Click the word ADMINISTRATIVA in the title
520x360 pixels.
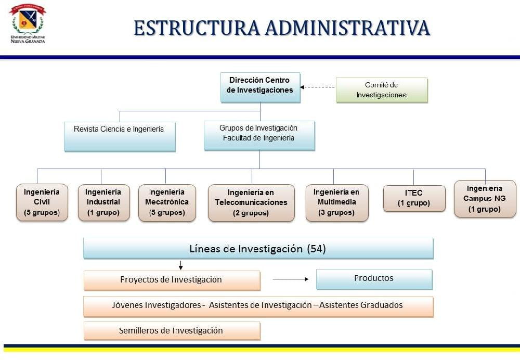347,28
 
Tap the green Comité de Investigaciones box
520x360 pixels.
381,90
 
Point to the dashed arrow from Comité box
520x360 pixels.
318,87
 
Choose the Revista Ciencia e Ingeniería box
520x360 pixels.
120,135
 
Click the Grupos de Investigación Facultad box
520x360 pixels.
259,135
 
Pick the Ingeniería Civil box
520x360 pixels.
42,202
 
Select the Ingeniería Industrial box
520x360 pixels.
103,202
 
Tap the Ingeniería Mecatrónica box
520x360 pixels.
167,202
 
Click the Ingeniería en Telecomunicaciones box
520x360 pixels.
251,202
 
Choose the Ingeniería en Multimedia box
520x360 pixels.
336,202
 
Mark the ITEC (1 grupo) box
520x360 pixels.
414,198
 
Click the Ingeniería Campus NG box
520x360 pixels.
485,198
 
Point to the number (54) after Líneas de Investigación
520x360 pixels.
317,249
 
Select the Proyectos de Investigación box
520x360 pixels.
172,280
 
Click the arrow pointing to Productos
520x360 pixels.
290,279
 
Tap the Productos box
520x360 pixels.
374,279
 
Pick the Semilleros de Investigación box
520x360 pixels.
172,331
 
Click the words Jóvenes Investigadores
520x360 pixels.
157,305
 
